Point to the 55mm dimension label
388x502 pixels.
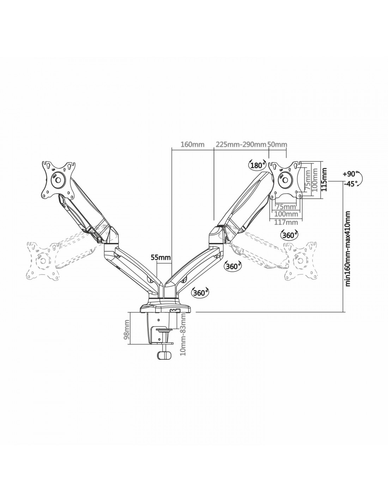[x=160, y=257]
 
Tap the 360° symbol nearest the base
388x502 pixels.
[x=200, y=293]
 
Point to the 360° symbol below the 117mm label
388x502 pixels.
[x=290, y=235]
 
